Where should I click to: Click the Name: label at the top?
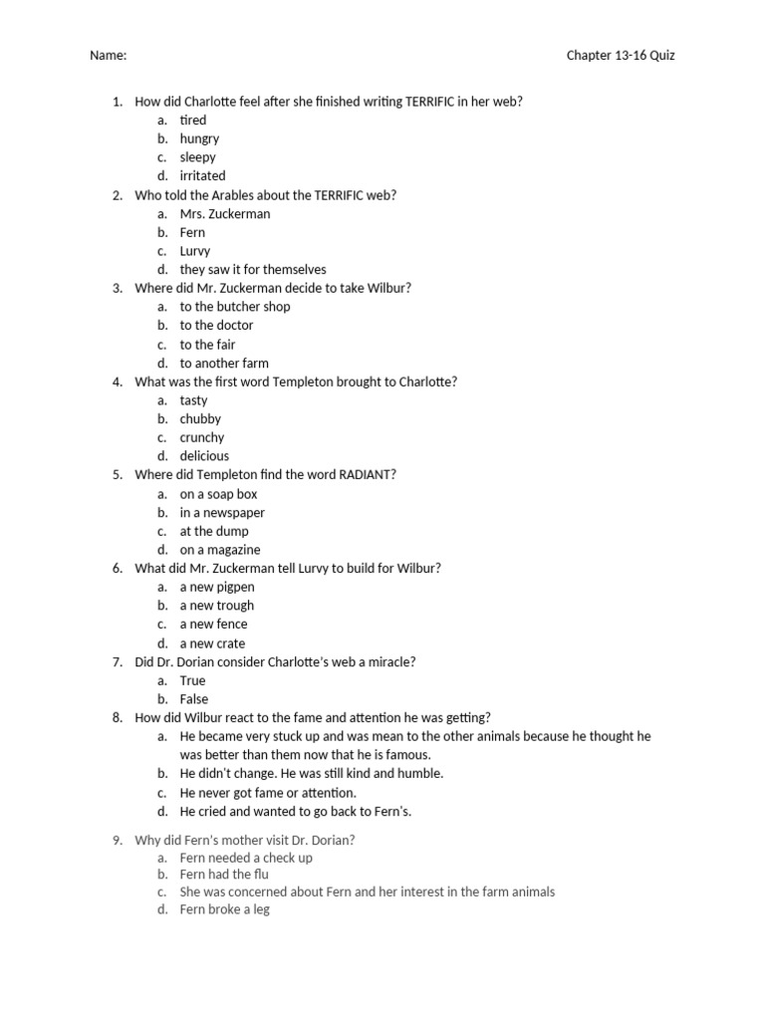[x=108, y=56]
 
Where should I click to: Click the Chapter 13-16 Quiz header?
[x=620, y=56]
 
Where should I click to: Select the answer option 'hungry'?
[x=199, y=138]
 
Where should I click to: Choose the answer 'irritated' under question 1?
[x=202, y=175]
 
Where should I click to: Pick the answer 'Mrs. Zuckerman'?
[x=224, y=213]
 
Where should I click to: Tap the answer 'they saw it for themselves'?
[x=252, y=269]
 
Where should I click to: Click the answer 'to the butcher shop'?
[x=234, y=307]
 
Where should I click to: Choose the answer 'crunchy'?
[x=201, y=437]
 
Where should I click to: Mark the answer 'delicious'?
[x=204, y=456]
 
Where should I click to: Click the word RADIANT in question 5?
[x=367, y=474]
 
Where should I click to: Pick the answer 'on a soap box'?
[x=218, y=494]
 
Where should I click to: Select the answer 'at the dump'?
[x=214, y=531]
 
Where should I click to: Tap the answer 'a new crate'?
[x=212, y=643]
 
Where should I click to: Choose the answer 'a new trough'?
[x=216, y=606]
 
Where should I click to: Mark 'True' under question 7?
[x=192, y=680]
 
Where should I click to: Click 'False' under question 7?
[x=193, y=699]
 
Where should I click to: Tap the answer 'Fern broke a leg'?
[x=224, y=909]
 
